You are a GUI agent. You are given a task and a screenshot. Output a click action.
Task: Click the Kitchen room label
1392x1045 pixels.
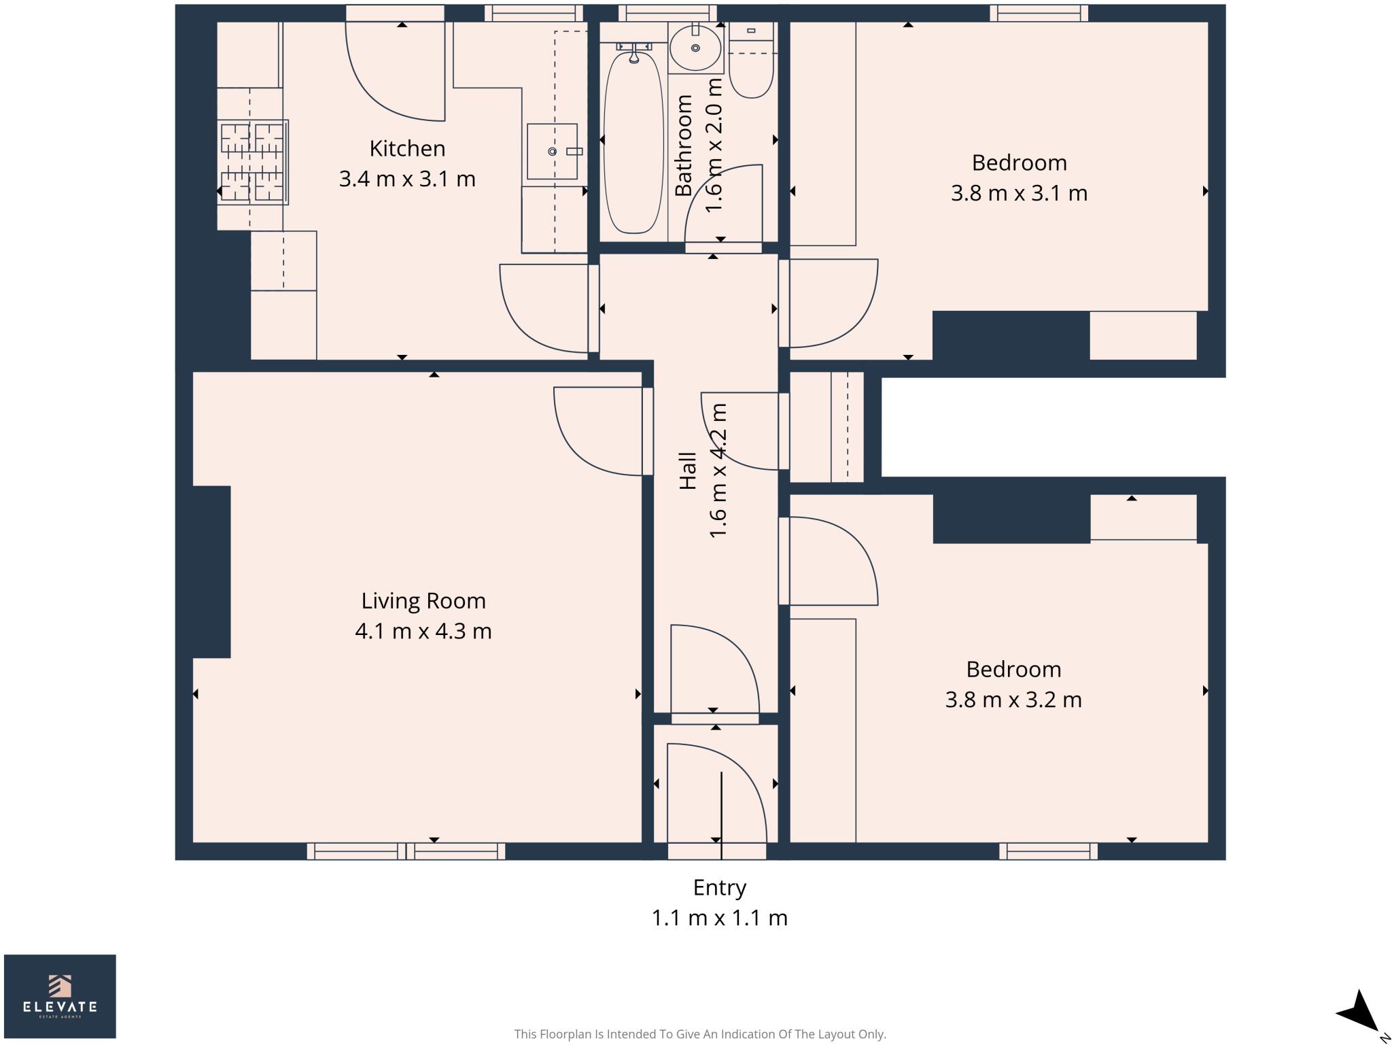point(407,148)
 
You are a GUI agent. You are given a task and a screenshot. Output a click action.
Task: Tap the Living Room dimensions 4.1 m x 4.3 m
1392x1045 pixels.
point(423,631)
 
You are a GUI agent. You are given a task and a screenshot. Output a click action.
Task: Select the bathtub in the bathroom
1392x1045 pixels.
point(633,143)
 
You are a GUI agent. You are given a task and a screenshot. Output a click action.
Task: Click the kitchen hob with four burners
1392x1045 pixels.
point(253,162)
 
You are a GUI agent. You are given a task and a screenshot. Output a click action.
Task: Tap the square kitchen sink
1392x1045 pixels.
point(552,151)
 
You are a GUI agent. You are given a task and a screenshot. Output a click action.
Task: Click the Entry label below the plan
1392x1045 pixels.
point(719,887)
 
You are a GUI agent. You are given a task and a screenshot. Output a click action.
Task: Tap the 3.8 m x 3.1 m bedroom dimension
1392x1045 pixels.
point(1018,193)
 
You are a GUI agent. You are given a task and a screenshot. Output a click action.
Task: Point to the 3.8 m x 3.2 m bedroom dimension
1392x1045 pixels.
point(1013,700)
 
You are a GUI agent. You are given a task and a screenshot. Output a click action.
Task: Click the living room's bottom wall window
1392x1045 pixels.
point(406,851)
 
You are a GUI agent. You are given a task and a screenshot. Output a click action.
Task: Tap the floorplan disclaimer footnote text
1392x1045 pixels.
point(700,1034)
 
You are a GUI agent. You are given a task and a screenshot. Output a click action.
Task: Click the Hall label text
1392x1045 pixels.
point(688,470)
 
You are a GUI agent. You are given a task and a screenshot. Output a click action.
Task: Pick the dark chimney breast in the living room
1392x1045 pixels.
point(211,572)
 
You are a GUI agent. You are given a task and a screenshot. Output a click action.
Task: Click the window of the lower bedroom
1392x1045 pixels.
point(1048,851)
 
